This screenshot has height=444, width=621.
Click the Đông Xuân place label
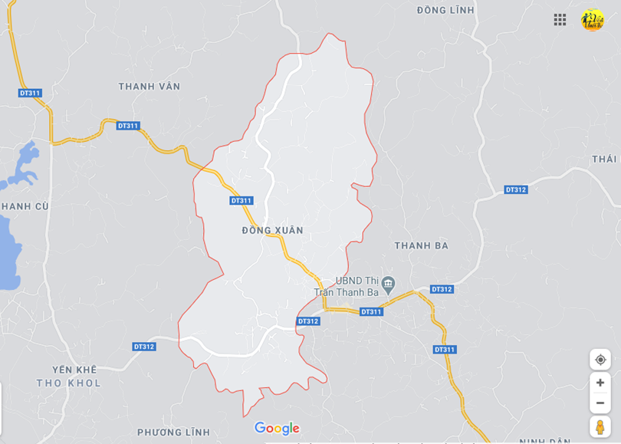pos(272,230)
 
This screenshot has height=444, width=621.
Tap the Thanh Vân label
pos(149,87)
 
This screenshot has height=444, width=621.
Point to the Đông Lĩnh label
pos(445,10)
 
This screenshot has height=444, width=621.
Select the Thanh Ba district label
pos(421,245)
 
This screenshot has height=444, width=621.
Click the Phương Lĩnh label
pos(174,432)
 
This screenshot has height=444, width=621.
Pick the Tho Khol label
pos(68,383)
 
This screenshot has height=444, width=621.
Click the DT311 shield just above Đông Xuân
pos(241,201)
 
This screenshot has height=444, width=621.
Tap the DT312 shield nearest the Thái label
pos(516,189)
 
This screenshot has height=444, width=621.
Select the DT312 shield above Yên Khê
pos(144,347)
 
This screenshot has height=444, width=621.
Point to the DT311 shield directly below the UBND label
pos(371,311)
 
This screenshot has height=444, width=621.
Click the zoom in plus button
pos(600,383)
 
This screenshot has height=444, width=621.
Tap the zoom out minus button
pos(600,403)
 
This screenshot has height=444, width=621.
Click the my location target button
pos(600,359)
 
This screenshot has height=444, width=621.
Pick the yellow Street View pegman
pos(600,427)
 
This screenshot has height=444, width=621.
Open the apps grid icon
pos(560,20)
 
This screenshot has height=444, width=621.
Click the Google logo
pos(277,429)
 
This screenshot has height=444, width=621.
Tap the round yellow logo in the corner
pos(592,20)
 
